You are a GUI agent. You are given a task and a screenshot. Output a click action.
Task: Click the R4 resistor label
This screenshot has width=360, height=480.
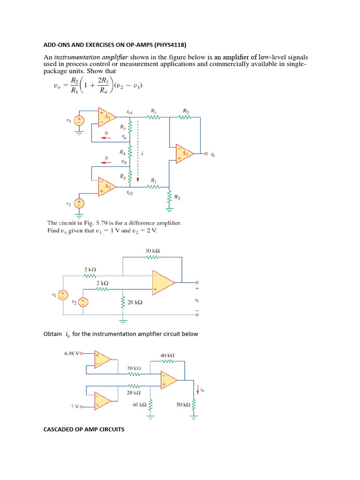click(x=122, y=152)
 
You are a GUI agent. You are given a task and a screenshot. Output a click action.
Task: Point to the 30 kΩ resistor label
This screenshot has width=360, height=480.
click(x=153, y=251)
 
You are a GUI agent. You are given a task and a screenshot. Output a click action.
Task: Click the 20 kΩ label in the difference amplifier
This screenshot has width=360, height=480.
click(x=135, y=303)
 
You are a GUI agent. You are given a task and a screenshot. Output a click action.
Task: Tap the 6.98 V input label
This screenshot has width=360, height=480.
click(x=73, y=353)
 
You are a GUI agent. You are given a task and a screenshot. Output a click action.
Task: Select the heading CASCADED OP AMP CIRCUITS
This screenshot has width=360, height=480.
click(x=84, y=429)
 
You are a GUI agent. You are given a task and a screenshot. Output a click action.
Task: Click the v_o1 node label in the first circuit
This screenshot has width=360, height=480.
click(x=130, y=112)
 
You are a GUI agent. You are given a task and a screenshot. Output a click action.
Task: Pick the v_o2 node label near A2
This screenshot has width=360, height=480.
click(x=129, y=193)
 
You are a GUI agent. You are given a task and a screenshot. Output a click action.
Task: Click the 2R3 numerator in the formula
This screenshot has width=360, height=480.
click(x=102, y=80)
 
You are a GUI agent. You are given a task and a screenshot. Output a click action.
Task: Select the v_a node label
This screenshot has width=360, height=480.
click(x=124, y=137)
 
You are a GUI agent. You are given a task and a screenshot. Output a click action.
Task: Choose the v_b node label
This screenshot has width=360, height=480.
click(x=124, y=162)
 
